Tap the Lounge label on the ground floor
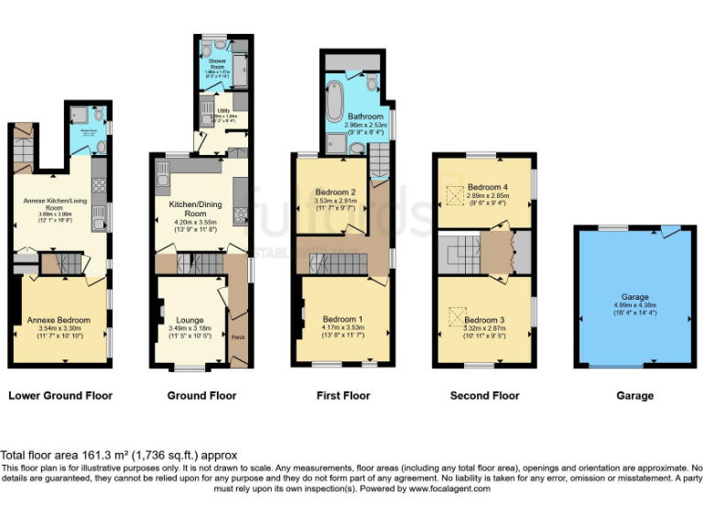click(189, 320)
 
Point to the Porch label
click(237, 336)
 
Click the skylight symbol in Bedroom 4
click(451, 195)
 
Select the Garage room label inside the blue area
click(634, 298)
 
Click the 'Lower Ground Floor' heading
click(60, 396)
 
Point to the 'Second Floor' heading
click(484, 396)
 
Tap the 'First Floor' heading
click(342, 396)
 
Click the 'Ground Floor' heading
click(201, 396)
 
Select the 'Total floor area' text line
click(119, 455)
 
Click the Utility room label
click(222, 110)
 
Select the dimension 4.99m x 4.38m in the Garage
click(634, 306)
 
